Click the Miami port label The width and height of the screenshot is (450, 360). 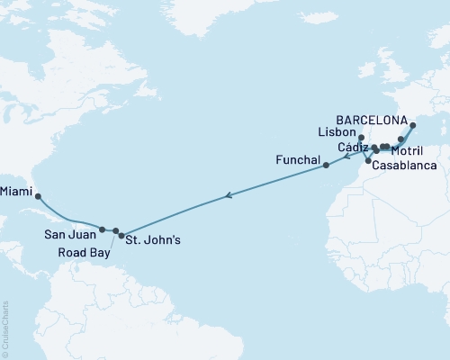(x=18, y=191)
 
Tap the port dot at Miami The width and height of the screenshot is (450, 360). (x=38, y=196)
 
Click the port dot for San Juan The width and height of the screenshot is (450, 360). (x=103, y=229)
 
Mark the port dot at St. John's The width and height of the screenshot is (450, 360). (x=121, y=236)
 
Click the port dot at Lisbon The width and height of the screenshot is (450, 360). (x=361, y=138)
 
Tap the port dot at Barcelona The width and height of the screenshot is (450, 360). (x=413, y=127)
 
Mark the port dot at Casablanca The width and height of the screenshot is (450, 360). (x=368, y=161)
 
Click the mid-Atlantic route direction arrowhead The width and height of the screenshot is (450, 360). (x=229, y=194)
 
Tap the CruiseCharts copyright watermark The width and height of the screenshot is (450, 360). (x=5, y=329)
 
